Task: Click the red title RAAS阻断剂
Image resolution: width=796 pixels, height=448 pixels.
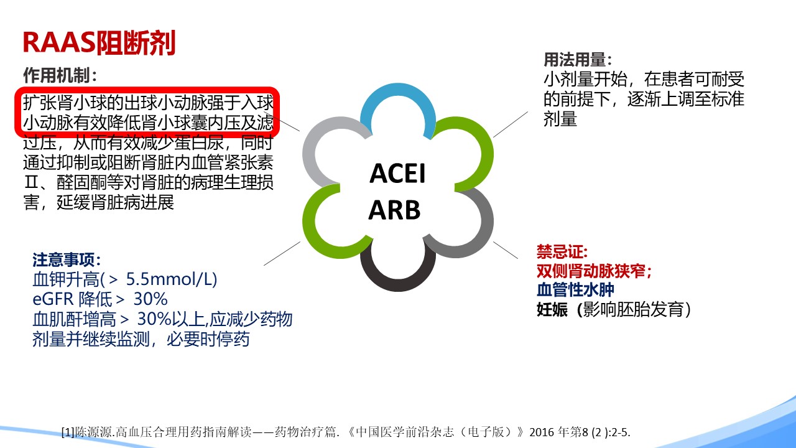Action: pyautogui.click(x=99, y=43)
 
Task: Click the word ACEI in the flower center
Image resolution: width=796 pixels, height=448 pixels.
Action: pyautogui.click(x=397, y=174)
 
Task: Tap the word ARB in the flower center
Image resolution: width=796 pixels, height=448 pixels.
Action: pyautogui.click(x=394, y=210)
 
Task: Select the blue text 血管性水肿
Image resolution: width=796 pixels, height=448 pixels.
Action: pyautogui.click(x=575, y=290)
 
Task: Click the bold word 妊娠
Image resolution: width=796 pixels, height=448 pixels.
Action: pyautogui.click(x=552, y=310)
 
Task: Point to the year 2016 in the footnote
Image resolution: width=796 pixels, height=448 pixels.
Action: pyautogui.click(x=542, y=432)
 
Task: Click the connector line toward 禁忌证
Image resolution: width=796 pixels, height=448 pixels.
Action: pyautogui.click(x=506, y=250)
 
